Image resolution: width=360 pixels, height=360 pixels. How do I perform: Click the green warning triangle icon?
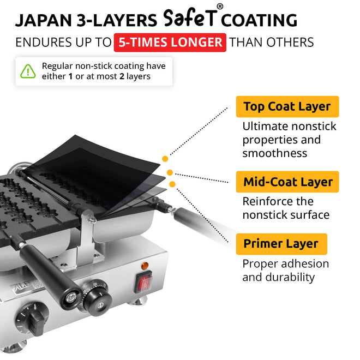pos(28,71)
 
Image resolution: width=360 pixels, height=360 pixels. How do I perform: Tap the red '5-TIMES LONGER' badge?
pos(170,43)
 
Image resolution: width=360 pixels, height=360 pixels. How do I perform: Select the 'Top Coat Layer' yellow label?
pos(287,106)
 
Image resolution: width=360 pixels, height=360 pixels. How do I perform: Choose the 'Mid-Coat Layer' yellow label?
pos(287,182)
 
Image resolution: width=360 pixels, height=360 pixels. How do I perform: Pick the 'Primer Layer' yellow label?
pos(281,244)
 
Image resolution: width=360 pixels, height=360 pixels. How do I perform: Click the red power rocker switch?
pos(143,281)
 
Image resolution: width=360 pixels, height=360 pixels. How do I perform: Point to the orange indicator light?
pos(145,266)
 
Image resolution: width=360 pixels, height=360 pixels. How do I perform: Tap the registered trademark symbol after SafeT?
pos(220,7)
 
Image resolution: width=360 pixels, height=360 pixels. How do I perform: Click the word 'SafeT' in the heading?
pos(190,18)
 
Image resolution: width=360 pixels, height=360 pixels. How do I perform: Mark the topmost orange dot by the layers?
pos(165,159)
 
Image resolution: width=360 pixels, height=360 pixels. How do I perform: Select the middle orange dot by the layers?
pos(170,172)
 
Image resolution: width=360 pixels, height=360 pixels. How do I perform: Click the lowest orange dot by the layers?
pos(172,184)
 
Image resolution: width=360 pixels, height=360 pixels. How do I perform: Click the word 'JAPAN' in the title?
pos(44,20)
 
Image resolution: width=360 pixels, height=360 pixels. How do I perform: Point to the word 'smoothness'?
pos(274,153)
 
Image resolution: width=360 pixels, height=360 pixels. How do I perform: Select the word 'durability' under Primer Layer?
pos(290,277)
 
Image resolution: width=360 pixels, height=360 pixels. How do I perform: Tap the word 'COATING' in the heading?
pos(259,20)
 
